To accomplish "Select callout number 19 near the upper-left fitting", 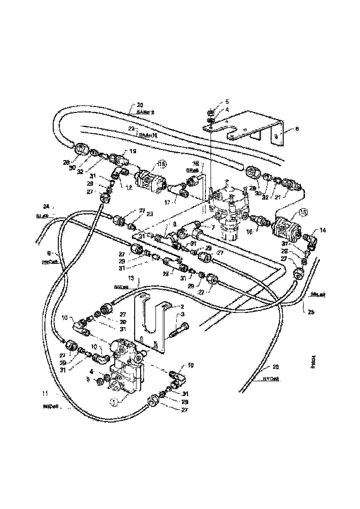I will pyautogui.click(x=133, y=151).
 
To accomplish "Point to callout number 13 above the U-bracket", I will pyautogui.click(x=131, y=278).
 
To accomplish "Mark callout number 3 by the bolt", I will pyautogui.click(x=182, y=314).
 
